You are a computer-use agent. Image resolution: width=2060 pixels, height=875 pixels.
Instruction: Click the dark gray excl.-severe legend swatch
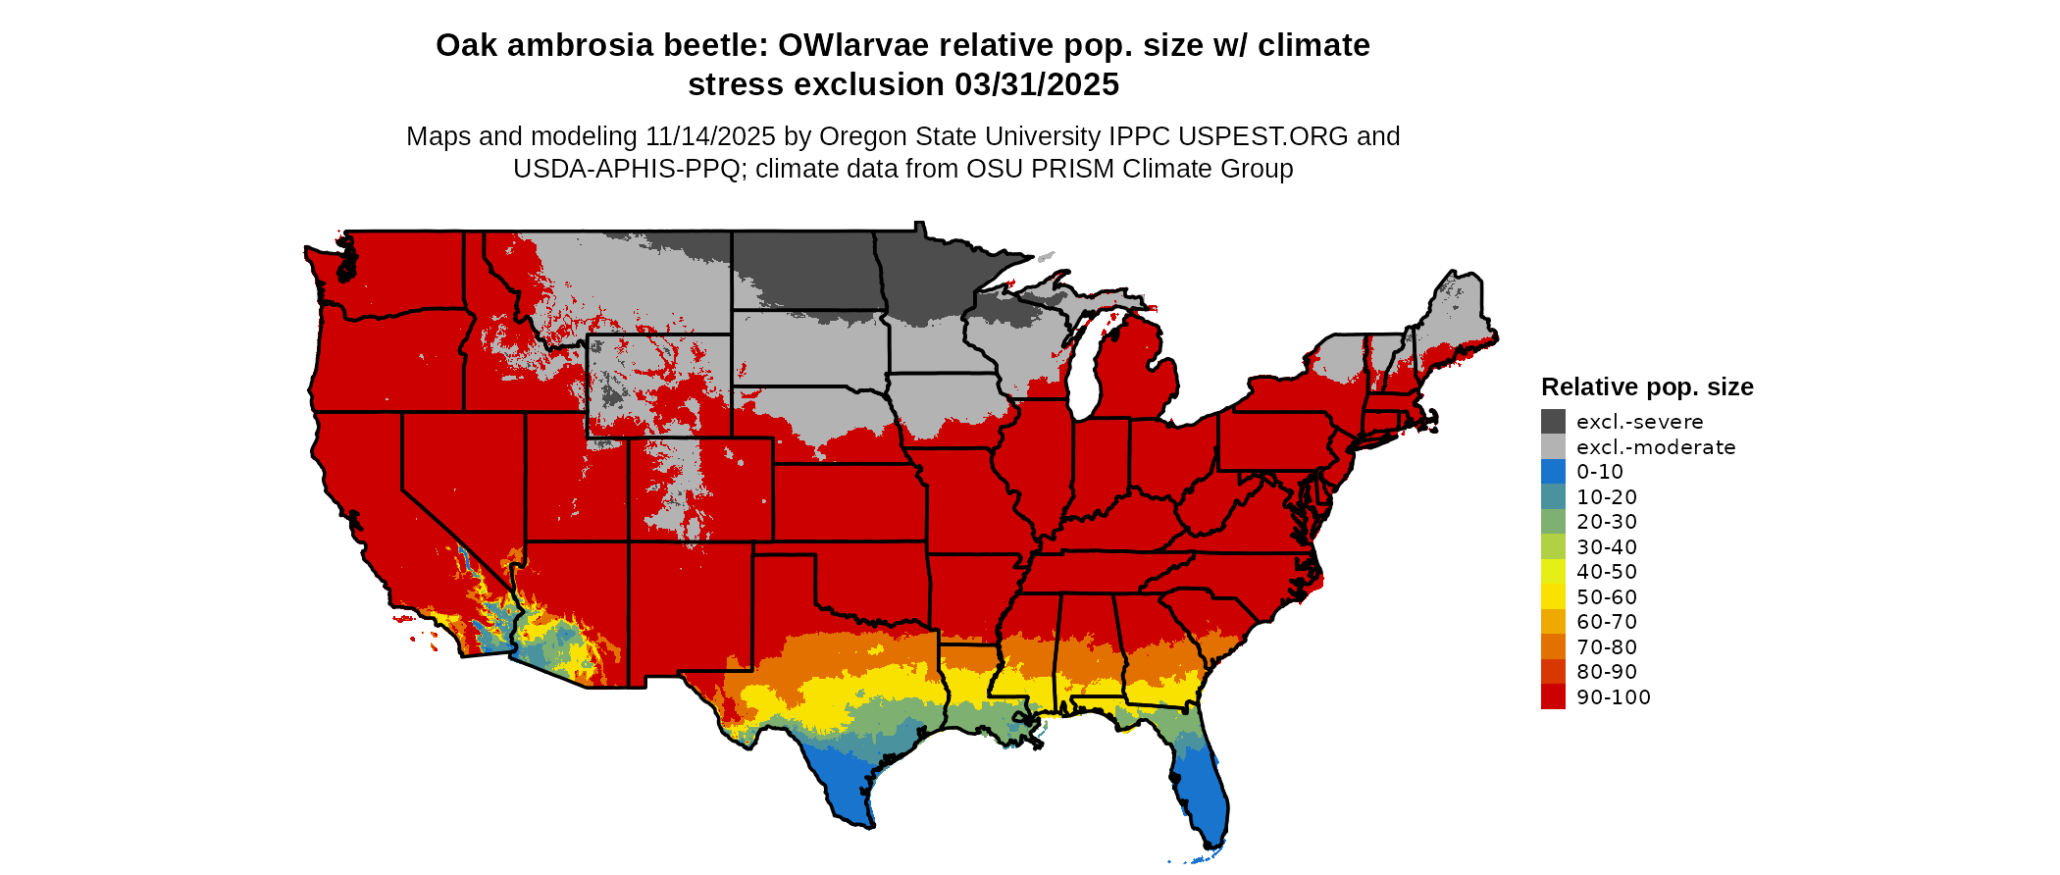click(1553, 422)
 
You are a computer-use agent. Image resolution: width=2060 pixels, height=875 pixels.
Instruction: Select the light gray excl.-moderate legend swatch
click(1553, 447)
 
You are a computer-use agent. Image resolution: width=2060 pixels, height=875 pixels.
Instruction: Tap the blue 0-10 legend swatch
click(1553, 472)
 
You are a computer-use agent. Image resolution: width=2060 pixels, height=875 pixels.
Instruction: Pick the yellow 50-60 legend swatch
click(1553, 596)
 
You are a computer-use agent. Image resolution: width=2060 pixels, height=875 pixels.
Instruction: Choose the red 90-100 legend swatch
click(1553, 696)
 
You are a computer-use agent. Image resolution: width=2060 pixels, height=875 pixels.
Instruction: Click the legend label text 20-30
click(1607, 522)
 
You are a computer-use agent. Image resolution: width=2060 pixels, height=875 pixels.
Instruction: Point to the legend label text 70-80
click(1607, 646)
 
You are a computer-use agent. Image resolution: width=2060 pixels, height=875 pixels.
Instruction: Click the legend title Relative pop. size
click(1647, 386)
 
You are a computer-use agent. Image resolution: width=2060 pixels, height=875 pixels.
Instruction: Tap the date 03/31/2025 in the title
click(1037, 84)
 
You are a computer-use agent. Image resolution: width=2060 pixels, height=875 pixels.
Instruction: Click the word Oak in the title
click(466, 45)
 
